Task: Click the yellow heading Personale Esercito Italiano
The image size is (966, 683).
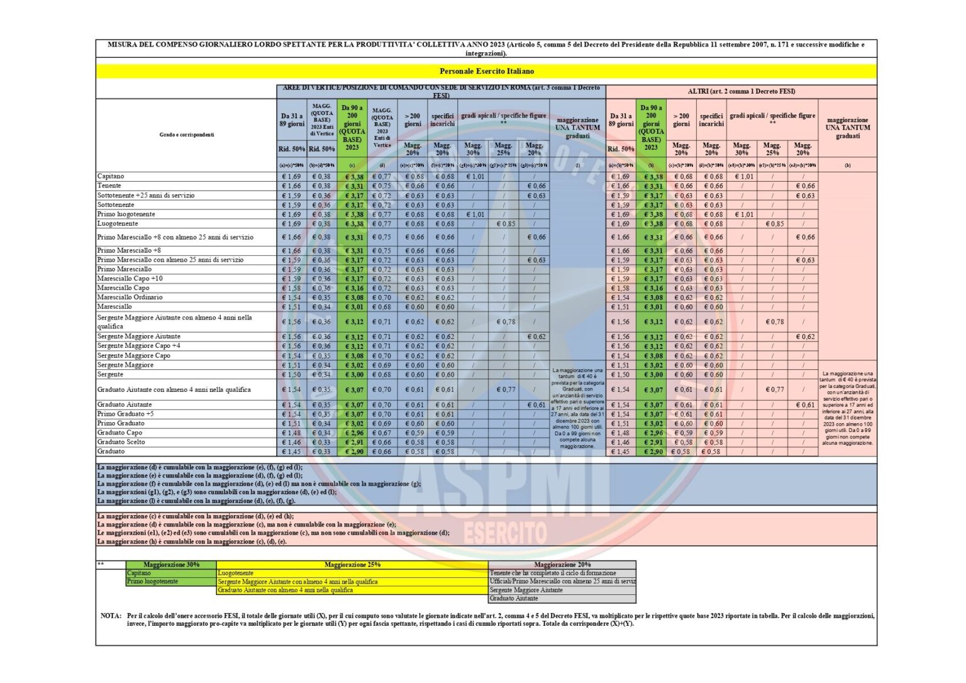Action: tap(487, 72)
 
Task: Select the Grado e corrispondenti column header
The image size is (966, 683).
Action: tap(186, 135)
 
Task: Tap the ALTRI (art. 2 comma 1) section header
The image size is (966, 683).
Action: tap(741, 92)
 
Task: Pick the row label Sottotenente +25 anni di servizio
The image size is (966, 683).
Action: tap(146, 196)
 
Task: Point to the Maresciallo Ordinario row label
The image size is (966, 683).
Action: tap(130, 297)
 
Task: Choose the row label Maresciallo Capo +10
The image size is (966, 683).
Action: tap(130, 279)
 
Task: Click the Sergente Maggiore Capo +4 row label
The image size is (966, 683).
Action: tap(138, 346)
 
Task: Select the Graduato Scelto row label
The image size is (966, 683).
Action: tap(121, 442)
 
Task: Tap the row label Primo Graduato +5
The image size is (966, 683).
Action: tap(125, 414)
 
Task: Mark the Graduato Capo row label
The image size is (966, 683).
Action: tap(119, 433)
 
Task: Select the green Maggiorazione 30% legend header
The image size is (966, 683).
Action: tap(171, 565)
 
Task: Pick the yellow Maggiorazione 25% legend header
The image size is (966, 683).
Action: tap(352, 565)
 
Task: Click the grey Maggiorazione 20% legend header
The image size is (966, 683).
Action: tap(562, 565)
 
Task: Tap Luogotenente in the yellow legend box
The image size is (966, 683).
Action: tap(236, 574)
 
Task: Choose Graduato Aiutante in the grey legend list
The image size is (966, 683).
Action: tap(514, 599)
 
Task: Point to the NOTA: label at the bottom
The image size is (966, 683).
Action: tap(111, 616)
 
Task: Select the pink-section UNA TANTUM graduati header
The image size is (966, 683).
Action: tap(848, 128)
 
